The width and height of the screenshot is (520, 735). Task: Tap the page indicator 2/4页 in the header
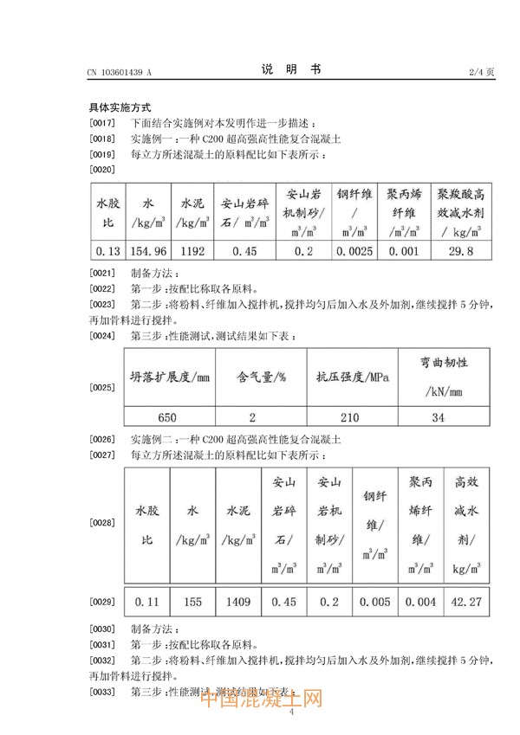pos(480,72)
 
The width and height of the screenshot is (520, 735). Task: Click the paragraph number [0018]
pos(102,139)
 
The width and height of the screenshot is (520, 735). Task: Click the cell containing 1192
pos(192,252)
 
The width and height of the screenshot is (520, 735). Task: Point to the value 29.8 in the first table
pos(463,252)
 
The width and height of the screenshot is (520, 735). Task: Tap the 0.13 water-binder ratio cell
pos(107,252)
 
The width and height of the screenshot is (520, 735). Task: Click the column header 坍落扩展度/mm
pos(170,378)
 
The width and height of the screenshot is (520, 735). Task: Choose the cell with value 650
pos(169,417)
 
